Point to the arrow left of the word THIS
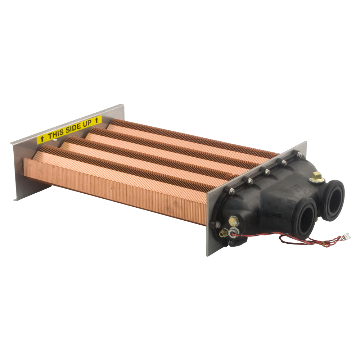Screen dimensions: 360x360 pyautogui.click(x=42, y=139)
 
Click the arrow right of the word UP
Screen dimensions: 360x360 pyautogui.click(x=96, y=120)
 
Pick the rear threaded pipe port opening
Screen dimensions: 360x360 pyautogui.click(x=333, y=200)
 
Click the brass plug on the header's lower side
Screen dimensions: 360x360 pyautogui.click(x=234, y=221)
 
